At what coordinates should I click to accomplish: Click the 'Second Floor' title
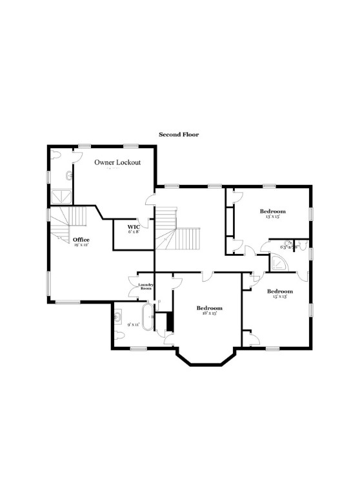[x=179, y=135]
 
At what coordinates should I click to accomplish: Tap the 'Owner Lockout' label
[x=117, y=162]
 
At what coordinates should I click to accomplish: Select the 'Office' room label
[x=81, y=239]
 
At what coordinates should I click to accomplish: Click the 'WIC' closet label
[x=134, y=227]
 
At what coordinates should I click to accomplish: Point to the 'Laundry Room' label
[x=146, y=286]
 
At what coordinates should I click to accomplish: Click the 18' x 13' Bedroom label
[x=210, y=308]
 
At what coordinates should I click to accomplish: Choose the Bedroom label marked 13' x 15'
[x=272, y=211]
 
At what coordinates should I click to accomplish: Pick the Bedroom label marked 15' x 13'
[x=280, y=291]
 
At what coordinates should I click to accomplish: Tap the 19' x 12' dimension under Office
[x=81, y=245]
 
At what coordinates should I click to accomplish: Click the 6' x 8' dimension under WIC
[x=134, y=233]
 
